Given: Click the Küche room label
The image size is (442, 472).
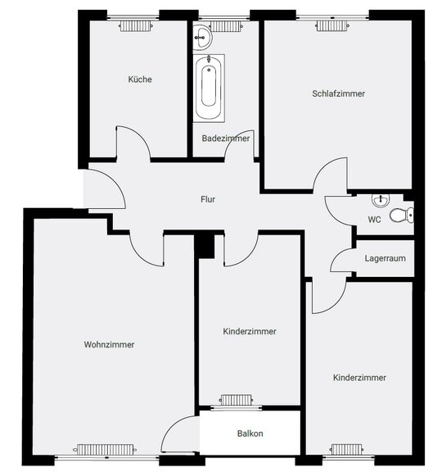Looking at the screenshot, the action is pos(140,79).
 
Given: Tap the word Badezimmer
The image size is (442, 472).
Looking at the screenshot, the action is pos(226,138).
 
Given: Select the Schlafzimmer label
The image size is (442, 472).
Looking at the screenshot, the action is pos(338,93).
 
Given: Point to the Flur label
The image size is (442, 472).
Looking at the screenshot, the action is pos(208,199).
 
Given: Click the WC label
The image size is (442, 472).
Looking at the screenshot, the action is pos(374,220).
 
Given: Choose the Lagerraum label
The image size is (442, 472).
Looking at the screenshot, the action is pos(385,258).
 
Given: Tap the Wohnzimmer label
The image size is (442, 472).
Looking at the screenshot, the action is pos(109,345).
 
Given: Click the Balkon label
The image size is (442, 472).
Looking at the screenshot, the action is pos(250,433).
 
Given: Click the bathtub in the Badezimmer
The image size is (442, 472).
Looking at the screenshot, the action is pos(209,88).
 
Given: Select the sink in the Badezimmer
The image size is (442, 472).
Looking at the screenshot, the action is pos(203,38).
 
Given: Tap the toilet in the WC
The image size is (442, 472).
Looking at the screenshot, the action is pos(402,215).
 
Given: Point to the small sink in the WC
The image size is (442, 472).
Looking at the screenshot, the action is pos(381,200).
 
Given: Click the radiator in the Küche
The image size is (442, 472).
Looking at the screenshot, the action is pos(136,26).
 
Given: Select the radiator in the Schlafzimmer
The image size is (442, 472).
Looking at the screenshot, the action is pos(332,26).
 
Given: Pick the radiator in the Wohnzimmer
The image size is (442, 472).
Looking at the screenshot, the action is pos(105,450).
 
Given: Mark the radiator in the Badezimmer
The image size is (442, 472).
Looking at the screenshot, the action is pos(226,26).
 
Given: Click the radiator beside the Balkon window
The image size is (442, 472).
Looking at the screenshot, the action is pos(236,400).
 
